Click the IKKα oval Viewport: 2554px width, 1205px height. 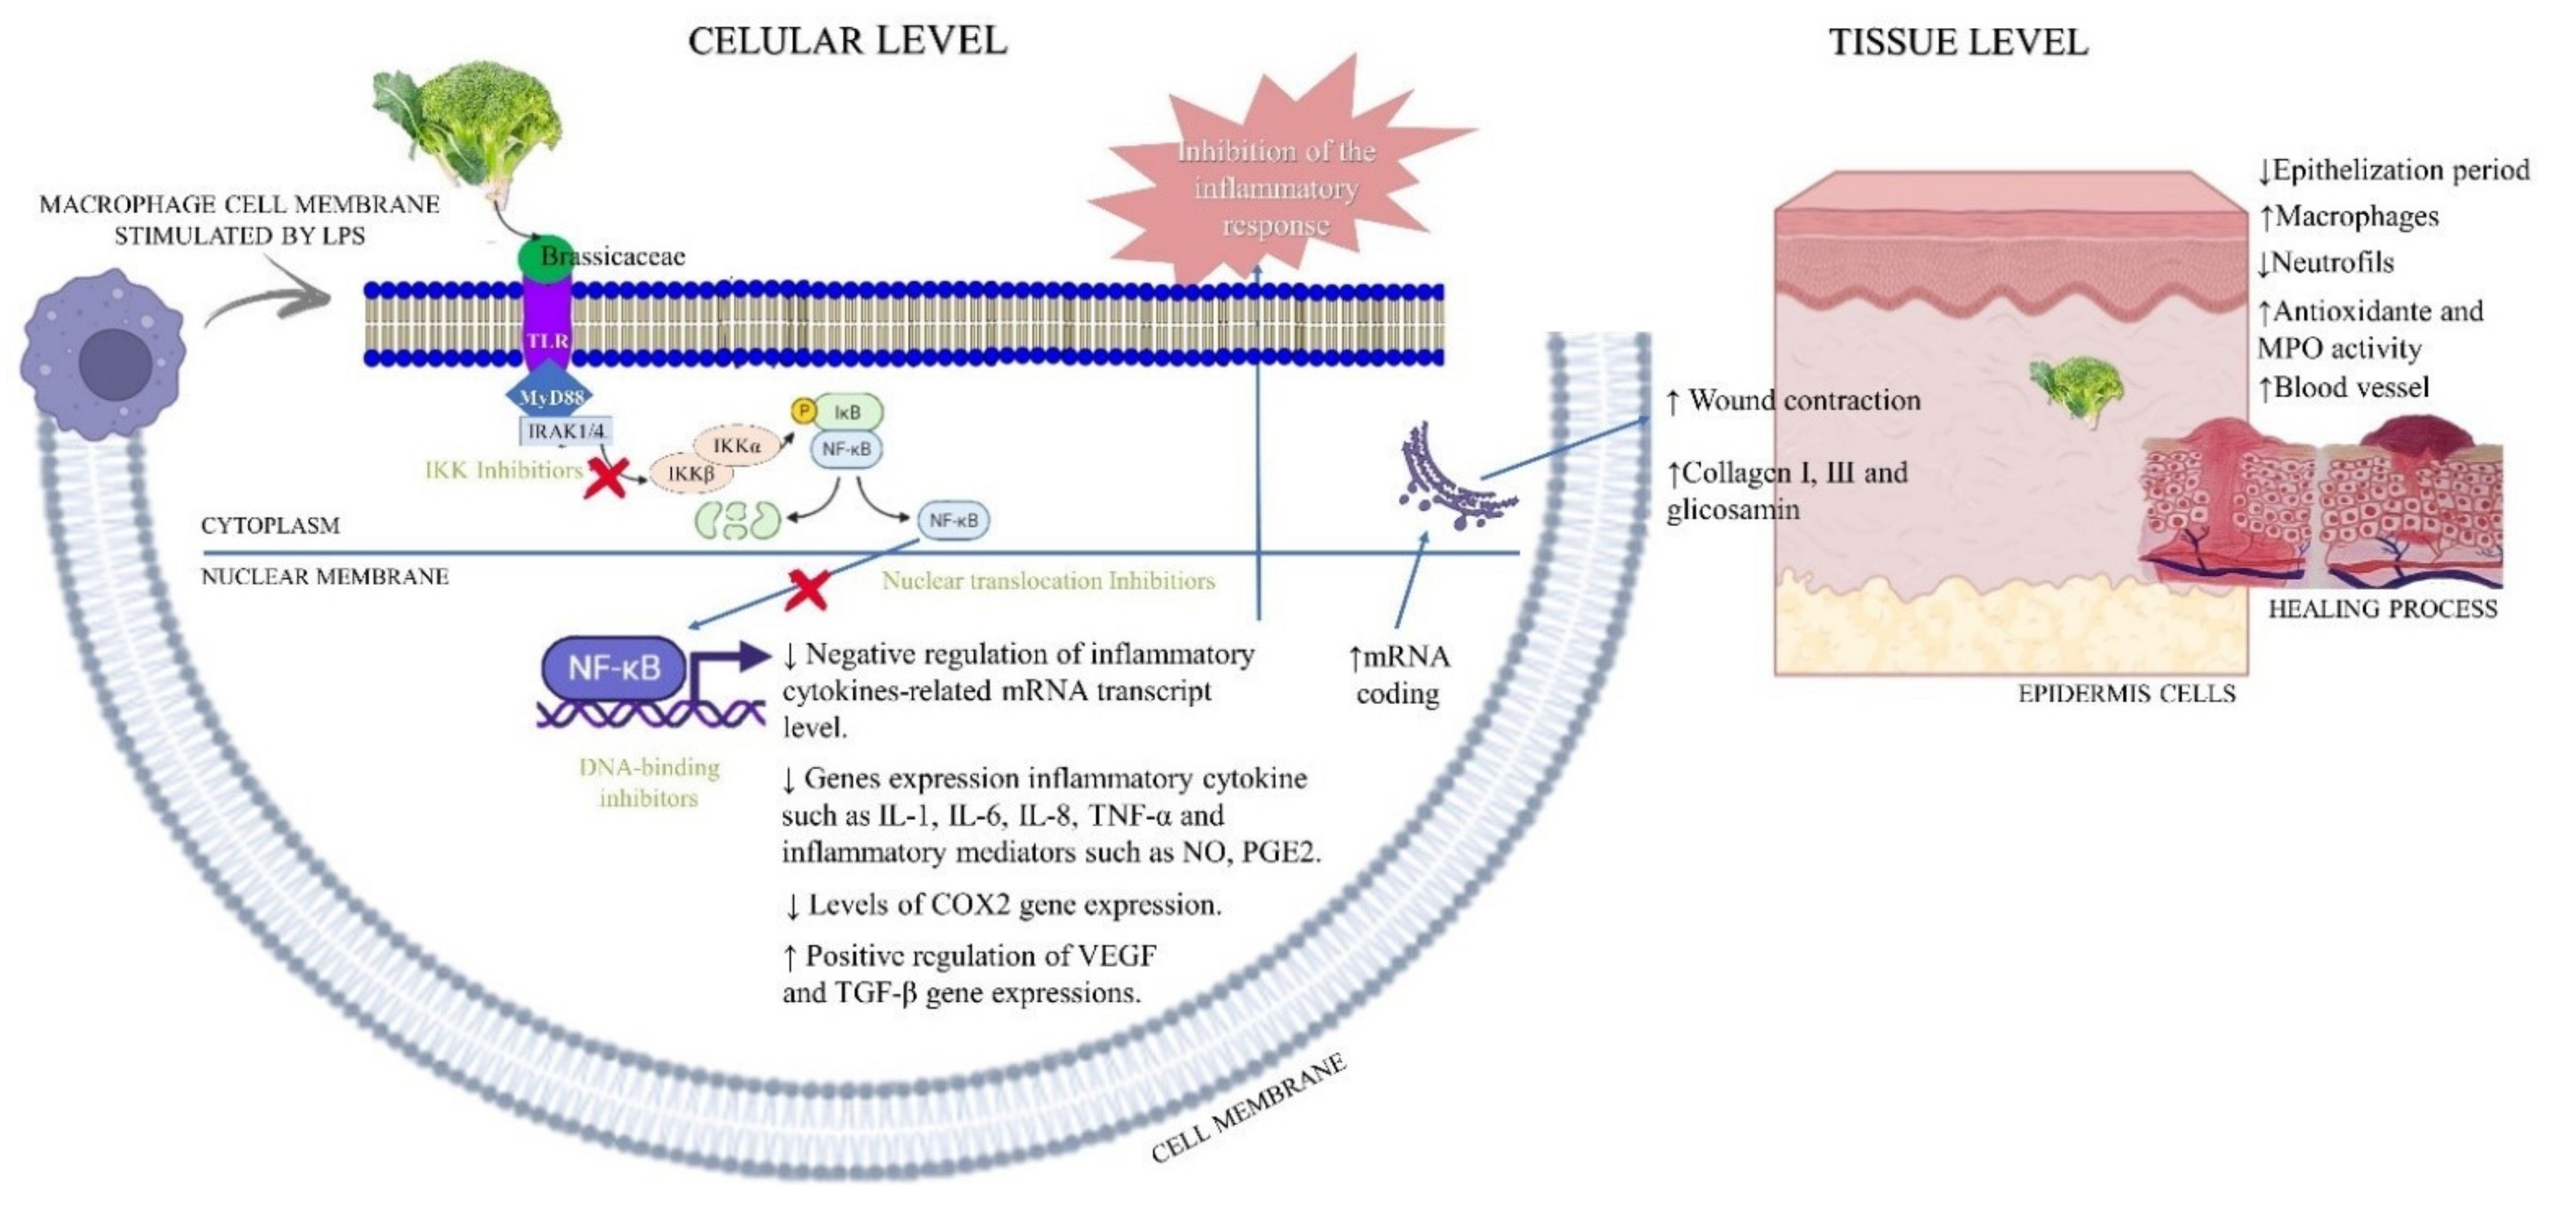coord(736,446)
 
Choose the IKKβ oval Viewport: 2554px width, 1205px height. coord(691,474)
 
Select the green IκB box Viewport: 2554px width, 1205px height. coord(848,412)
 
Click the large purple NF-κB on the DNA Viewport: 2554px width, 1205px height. coord(613,667)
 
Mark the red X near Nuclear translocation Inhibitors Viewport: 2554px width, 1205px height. coord(807,589)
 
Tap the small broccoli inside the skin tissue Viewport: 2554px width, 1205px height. coord(2077,387)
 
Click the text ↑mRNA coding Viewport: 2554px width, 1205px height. coord(1398,674)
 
